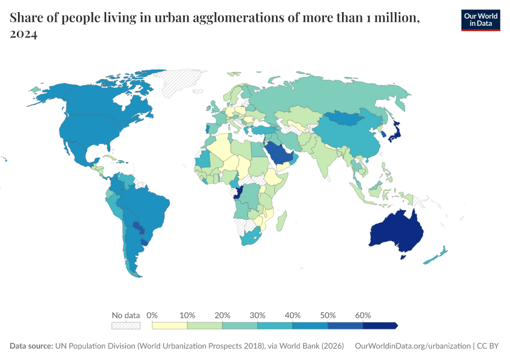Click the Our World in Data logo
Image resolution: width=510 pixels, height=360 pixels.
click(x=480, y=20)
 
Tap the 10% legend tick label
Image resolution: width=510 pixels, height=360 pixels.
click(x=187, y=315)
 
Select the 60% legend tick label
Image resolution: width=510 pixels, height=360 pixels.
click(x=363, y=315)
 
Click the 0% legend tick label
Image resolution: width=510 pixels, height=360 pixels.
click(x=152, y=315)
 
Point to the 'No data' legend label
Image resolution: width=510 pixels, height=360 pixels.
click(x=125, y=315)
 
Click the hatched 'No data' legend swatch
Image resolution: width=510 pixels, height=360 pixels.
click(x=125, y=325)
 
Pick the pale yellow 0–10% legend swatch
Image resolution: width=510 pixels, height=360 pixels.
click(x=170, y=325)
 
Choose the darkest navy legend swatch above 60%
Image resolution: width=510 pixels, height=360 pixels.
click(x=380, y=325)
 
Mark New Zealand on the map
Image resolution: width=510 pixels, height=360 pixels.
click(x=436, y=255)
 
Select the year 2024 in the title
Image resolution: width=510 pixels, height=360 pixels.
click(x=24, y=35)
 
